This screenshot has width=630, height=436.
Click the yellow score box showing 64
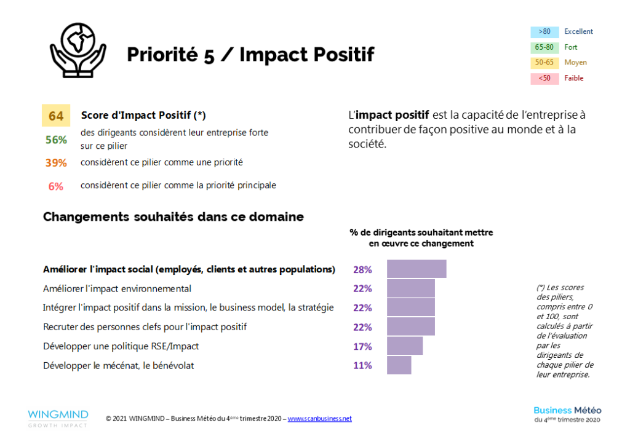click(x=56, y=116)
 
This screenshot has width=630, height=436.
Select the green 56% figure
click(x=56, y=140)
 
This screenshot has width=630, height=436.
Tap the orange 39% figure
click(x=56, y=163)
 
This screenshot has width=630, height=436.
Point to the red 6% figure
click(x=56, y=186)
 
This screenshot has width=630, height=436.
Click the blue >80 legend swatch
click(x=544, y=32)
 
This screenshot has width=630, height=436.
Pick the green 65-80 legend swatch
click(x=544, y=47)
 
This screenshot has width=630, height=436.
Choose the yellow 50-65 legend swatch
click(x=544, y=63)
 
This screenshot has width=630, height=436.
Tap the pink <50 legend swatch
click(x=544, y=78)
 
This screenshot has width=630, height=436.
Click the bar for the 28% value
click(x=417, y=269)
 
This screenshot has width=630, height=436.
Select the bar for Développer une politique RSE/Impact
click(x=405, y=346)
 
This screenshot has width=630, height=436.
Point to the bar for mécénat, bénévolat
click(x=399, y=365)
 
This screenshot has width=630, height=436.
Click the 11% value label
click(x=362, y=365)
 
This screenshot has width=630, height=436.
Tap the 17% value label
click(x=362, y=346)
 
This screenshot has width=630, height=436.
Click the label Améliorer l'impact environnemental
click(x=117, y=288)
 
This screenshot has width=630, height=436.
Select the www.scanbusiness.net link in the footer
click(x=319, y=419)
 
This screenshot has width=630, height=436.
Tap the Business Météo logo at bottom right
click(x=567, y=414)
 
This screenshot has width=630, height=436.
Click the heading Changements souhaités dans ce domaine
click(x=173, y=217)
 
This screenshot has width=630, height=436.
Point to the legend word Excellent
click(x=578, y=32)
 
